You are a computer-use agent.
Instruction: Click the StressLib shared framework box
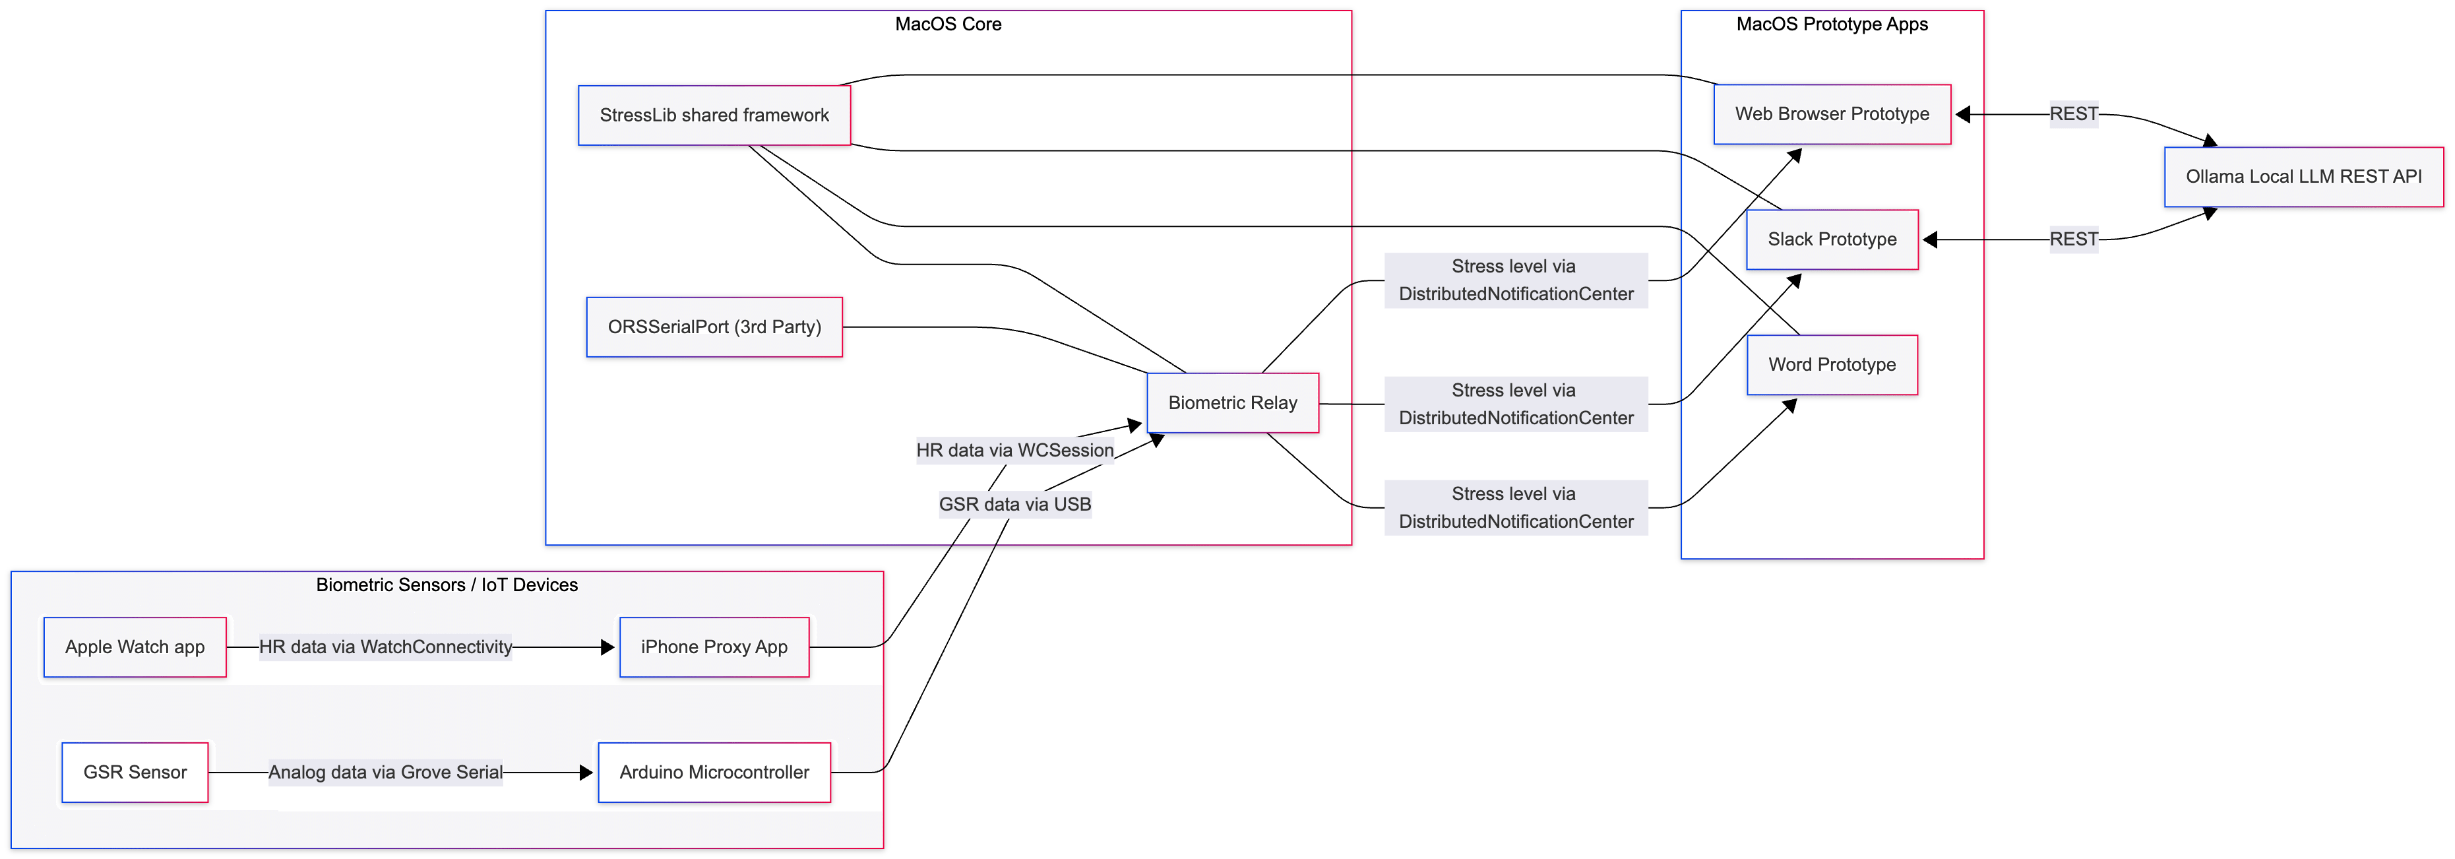click(714, 115)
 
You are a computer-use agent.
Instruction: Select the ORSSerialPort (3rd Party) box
click(714, 327)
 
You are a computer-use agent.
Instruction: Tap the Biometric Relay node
click(1232, 403)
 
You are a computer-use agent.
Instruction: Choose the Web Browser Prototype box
click(1831, 114)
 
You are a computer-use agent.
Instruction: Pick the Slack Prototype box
click(1831, 239)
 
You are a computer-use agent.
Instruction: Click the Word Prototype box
click(1831, 364)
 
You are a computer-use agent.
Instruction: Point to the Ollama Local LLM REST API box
click(2303, 176)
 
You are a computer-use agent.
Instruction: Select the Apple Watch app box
click(135, 647)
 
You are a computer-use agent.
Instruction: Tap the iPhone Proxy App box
click(714, 647)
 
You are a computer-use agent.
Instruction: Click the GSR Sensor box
click(135, 772)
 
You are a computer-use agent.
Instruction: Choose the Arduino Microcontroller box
click(714, 772)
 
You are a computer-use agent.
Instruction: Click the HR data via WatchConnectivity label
click(385, 647)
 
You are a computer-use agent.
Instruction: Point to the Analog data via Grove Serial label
click(385, 772)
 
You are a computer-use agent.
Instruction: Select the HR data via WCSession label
click(1014, 450)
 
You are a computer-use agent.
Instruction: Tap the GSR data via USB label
click(1014, 504)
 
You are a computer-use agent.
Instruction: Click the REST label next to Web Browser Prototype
click(2073, 114)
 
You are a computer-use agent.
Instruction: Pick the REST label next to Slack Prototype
click(2073, 239)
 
